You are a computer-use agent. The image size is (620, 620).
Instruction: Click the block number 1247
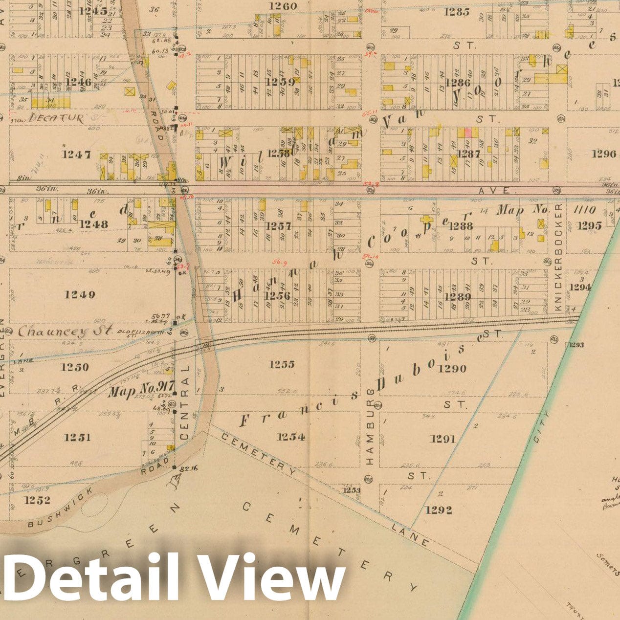point(77,155)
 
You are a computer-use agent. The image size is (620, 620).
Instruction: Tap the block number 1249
point(80,294)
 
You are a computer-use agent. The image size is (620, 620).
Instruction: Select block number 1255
point(281,364)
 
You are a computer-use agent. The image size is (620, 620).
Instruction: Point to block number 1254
point(291,437)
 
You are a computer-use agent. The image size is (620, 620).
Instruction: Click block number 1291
point(443,439)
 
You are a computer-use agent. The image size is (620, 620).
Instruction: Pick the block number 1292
point(439,510)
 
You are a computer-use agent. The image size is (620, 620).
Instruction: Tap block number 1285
point(457,12)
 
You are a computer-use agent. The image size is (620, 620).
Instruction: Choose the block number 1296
point(604,154)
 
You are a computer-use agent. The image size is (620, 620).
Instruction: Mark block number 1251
point(77,437)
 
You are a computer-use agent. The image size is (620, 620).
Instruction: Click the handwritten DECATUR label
point(54,118)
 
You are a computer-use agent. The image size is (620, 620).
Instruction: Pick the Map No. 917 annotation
point(135,391)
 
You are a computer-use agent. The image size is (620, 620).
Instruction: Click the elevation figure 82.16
point(188,468)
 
